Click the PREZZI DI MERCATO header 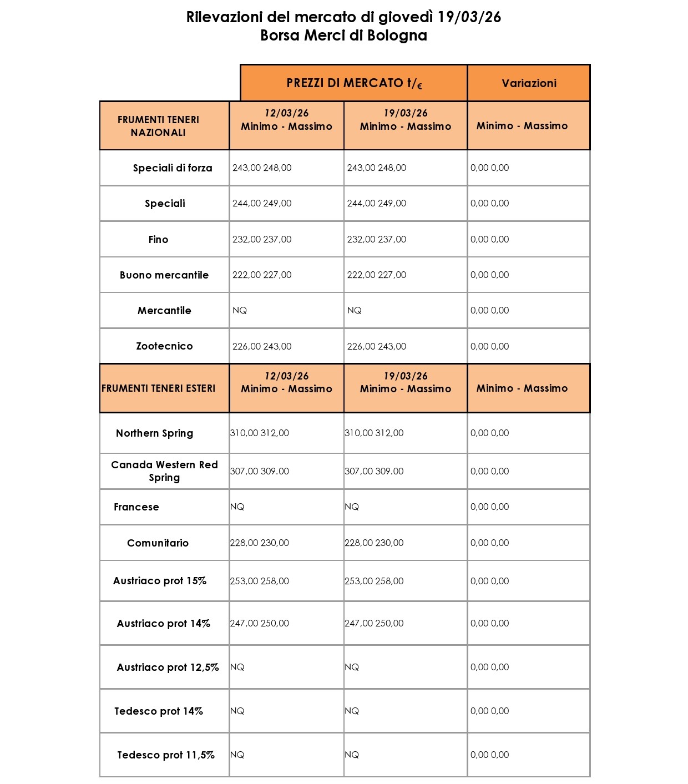click(354, 83)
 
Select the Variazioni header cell click(529, 83)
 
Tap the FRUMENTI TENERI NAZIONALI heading click(158, 126)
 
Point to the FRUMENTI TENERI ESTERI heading click(158, 388)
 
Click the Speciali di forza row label click(172, 168)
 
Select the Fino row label click(158, 240)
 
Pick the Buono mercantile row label click(164, 275)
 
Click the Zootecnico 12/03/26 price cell click(262, 346)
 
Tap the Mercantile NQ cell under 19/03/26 click(354, 311)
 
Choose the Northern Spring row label click(154, 433)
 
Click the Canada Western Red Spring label click(164, 471)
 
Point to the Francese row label click(136, 507)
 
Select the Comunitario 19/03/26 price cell click(374, 543)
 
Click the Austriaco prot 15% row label click(160, 581)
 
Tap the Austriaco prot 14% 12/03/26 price click(260, 623)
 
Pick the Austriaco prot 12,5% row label click(168, 667)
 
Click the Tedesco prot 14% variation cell click(489, 711)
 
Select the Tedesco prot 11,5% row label click(165, 755)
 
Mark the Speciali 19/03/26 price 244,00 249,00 click(376, 204)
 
